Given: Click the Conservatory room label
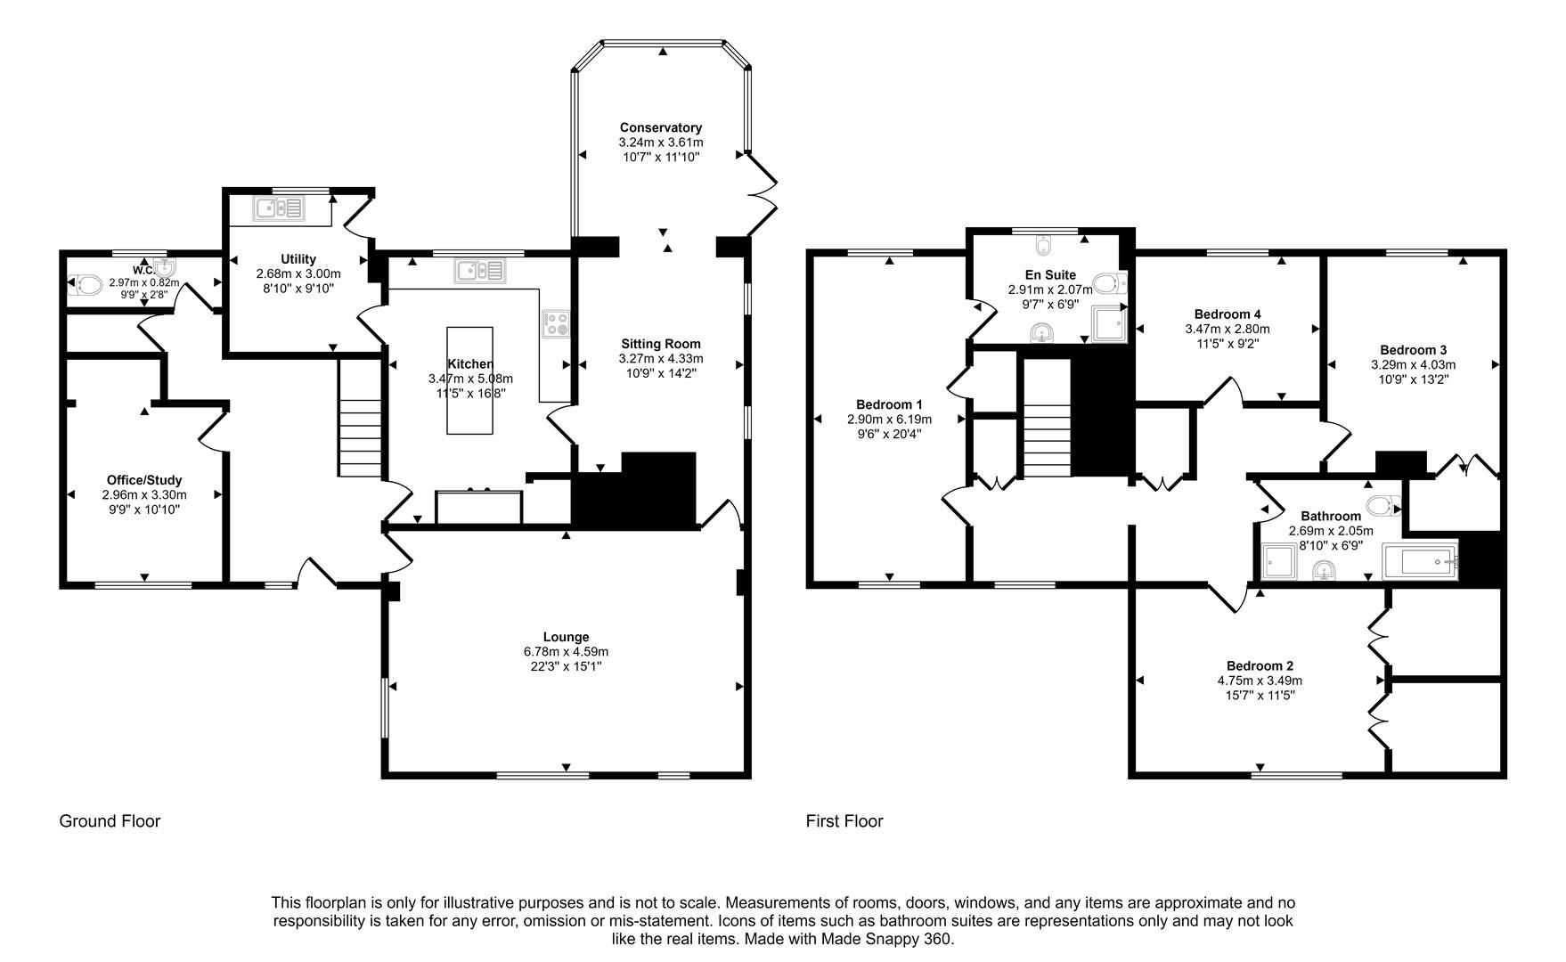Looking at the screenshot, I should click(660, 127).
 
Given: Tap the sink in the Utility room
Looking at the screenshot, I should click(280, 208).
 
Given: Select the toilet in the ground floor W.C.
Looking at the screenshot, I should click(89, 285).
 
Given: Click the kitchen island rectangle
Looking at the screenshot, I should click(469, 380).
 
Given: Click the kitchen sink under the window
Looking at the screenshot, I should click(479, 270).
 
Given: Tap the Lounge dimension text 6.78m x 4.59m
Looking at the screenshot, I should click(566, 652).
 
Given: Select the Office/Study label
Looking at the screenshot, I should click(143, 480).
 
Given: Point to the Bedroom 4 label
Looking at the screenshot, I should click(1227, 314).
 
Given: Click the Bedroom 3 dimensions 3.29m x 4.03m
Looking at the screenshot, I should click(1413, 364).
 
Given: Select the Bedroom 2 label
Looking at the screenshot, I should click(1259, 665).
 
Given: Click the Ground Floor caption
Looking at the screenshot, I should click(110, 821).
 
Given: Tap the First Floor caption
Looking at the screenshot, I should click(844, 821).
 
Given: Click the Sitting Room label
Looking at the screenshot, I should click(660, 344).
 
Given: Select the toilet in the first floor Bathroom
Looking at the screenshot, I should click(1382, 506).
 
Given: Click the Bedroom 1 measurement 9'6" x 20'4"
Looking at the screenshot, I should click(888, 434).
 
